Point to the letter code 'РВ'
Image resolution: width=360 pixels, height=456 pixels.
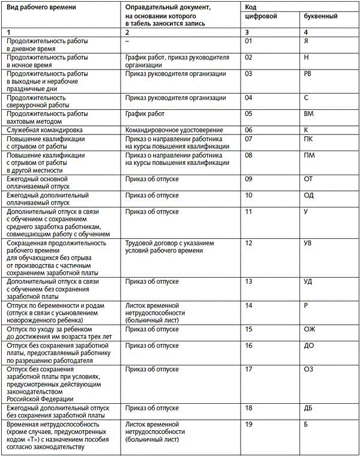[309, 74]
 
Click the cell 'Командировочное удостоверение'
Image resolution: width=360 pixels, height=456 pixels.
[173, 130]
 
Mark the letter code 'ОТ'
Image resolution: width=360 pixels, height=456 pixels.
[309, 179]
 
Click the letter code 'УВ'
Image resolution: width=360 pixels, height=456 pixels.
[309, 244]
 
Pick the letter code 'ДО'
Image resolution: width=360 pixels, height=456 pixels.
[309, 346]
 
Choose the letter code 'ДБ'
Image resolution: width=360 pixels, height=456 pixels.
[309, 408]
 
